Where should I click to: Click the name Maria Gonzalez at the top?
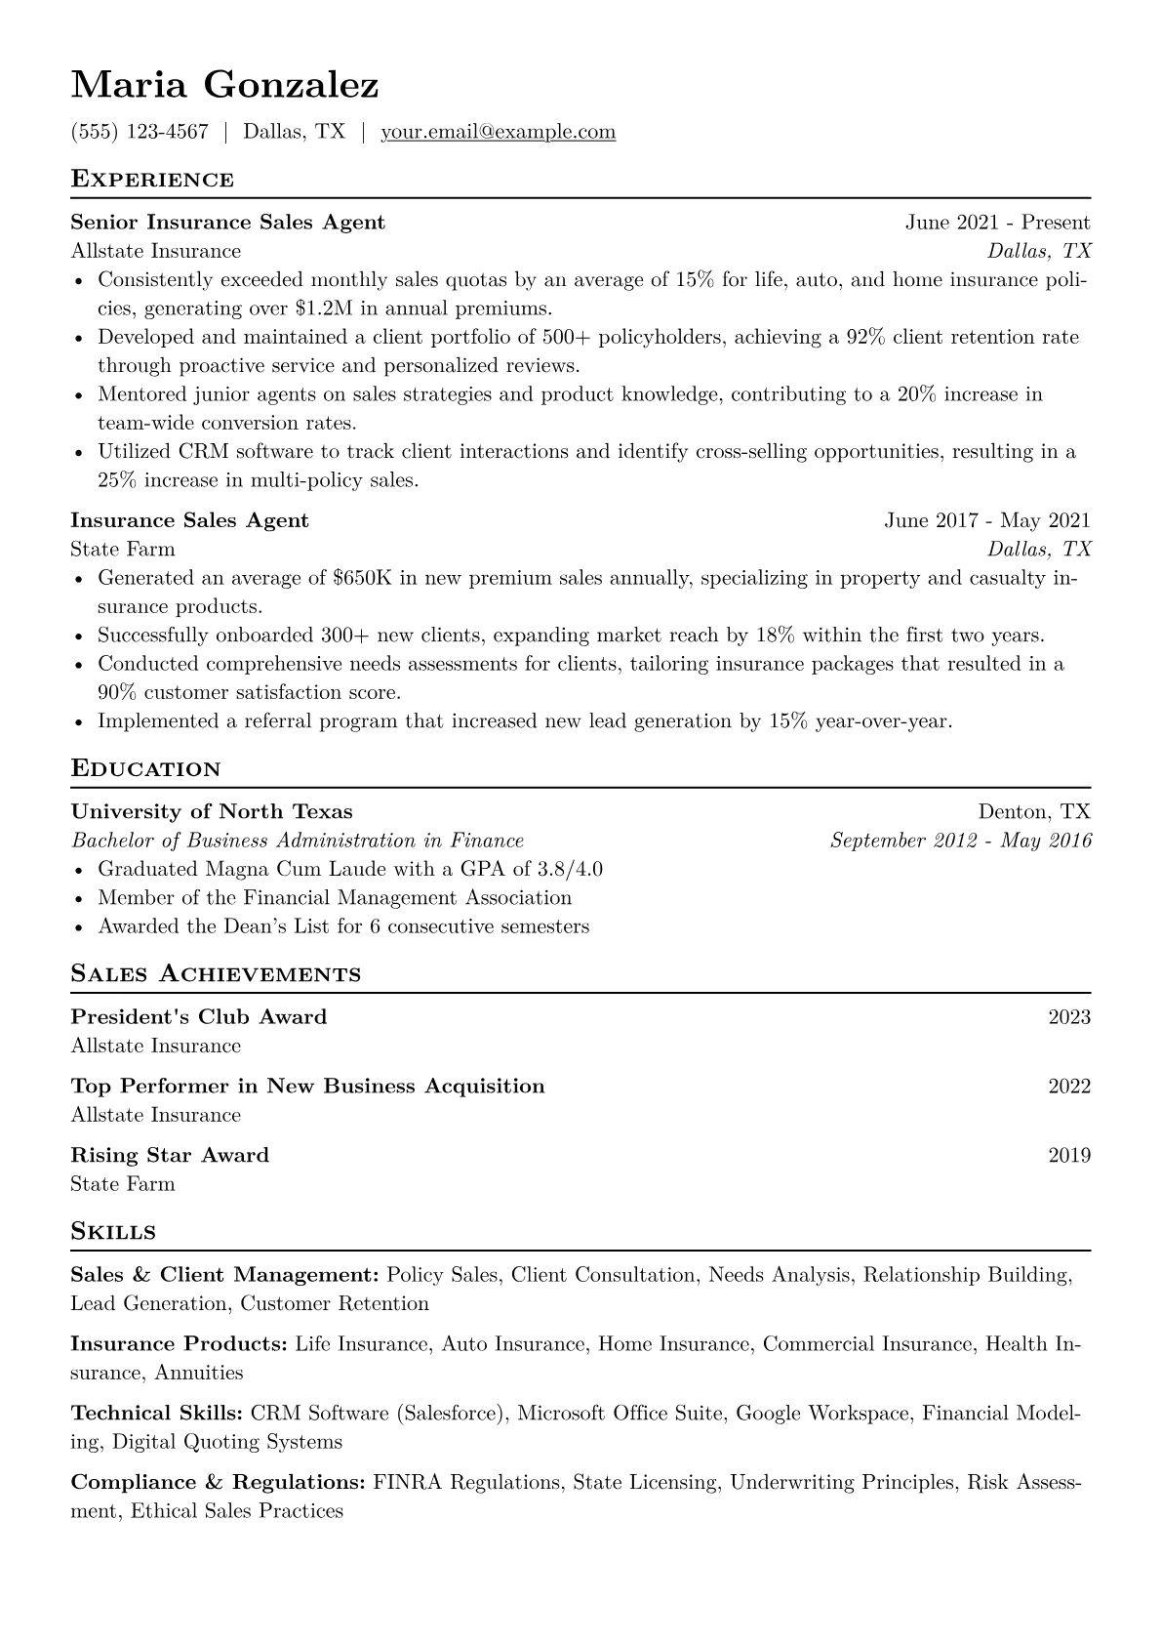[x=224, y=86]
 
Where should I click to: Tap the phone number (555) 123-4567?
[x=140, y=132]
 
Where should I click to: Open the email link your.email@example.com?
[x=498, y=132]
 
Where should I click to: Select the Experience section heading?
[x=152, y=180]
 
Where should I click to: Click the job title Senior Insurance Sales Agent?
[x=227, y=223]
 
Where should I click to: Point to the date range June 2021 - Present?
[x=997, y=223]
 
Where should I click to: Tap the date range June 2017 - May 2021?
[x=987, y=520]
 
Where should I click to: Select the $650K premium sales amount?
[x=362, y=578]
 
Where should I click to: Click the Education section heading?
[x=145, y=769]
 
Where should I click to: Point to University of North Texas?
[x=212, y=812]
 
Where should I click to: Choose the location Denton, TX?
[x=1034, y=812]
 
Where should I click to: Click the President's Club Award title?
[x=199, y=1017]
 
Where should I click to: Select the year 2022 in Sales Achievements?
[x=1069, y=1087]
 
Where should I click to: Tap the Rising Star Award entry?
[x=170, y=1156]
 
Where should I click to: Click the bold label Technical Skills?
[x=157, y=1414]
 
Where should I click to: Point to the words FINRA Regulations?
[x=467, y=1483]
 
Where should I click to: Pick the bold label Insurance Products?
[x=179, y=1344]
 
